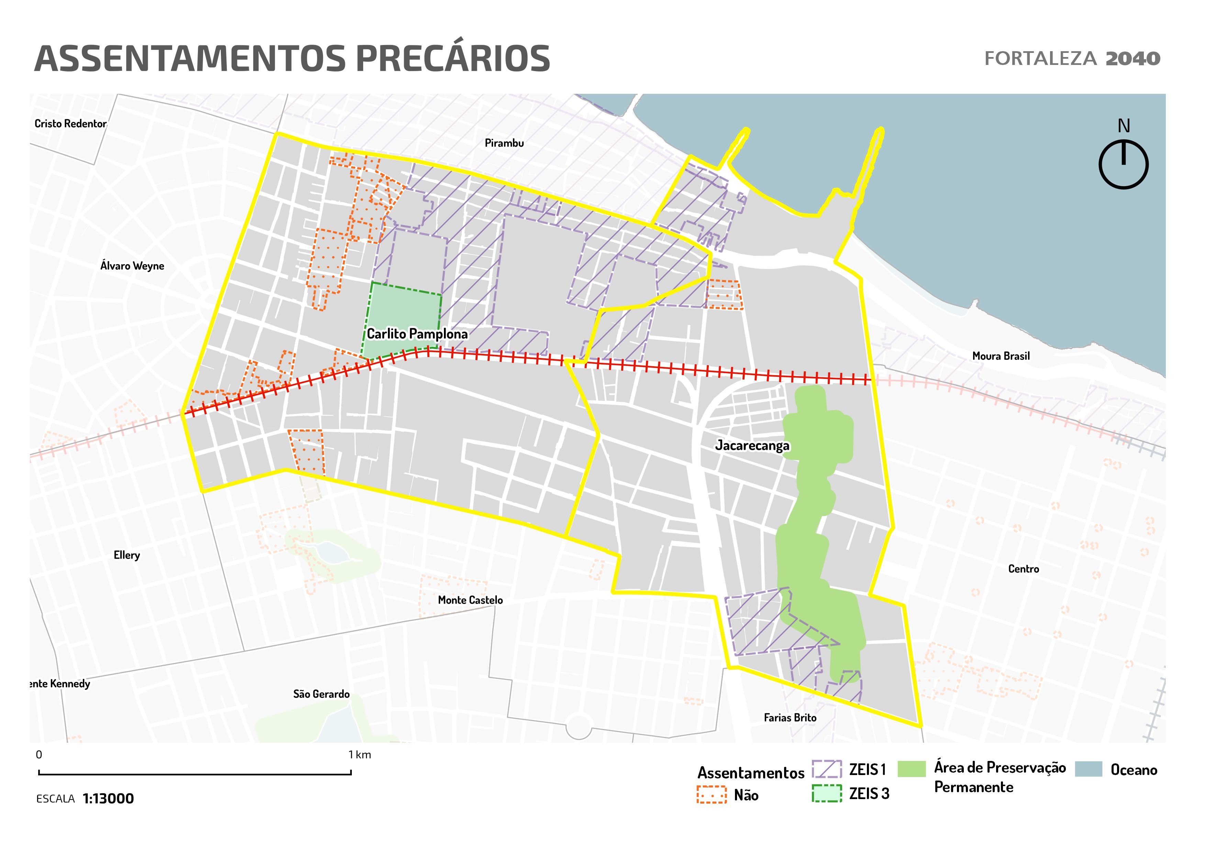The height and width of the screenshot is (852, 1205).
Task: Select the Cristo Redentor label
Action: coord(70,124)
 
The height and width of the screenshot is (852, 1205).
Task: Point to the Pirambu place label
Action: coord(504,143)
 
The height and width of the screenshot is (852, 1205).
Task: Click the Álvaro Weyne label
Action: coord(132,266)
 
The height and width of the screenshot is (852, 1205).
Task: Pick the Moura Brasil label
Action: coord(1000,356)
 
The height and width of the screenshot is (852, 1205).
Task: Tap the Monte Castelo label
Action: coord(470,600)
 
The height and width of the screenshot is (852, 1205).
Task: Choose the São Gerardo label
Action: coord(321,694)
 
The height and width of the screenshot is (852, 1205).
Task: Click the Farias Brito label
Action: coord(790,718)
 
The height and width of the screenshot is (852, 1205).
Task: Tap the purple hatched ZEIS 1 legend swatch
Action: coord(827,769)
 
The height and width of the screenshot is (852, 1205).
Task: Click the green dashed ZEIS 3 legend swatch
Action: coord(827,793)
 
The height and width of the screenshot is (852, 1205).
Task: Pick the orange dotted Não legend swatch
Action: coord(712,795)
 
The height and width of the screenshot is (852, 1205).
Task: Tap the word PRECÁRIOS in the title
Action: coord(453,58)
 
